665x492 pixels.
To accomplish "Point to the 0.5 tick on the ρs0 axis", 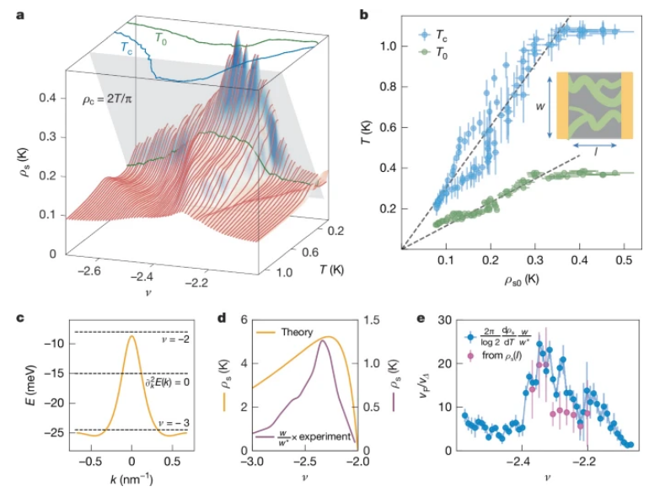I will tap(624, 261).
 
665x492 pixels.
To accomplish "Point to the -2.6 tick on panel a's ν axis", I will tap(87, 270).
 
